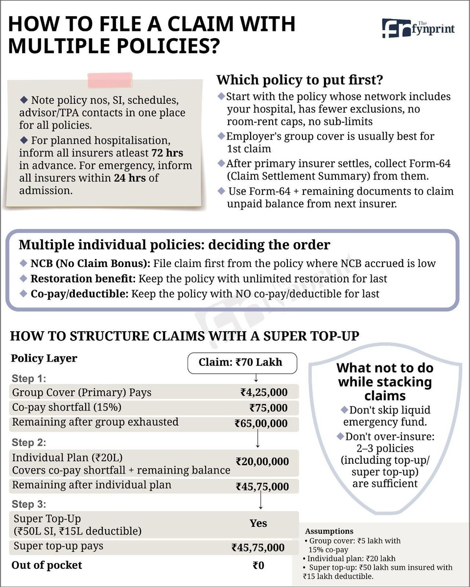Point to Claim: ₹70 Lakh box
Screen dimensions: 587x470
(x=242, y=363)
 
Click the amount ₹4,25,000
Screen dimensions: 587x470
(x=263, y=392)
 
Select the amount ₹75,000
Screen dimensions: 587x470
(x=268, y=408)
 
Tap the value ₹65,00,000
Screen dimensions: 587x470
(x=260, y=424)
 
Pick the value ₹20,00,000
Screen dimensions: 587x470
(x=262, y=461)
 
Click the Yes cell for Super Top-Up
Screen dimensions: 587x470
(x=258, y=523)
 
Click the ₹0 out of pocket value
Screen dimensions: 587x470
(x=258, y=565)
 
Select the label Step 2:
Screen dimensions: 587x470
(x=28, y=443)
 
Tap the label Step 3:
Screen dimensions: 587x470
(x=28, y=504)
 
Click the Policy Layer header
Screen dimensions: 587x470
(x=44, y=358)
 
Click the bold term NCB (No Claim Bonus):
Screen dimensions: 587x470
(x=91, y=264)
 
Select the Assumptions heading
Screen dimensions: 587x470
(x=329, y=531)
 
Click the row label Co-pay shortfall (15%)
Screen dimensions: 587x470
(x=67, y=407)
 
